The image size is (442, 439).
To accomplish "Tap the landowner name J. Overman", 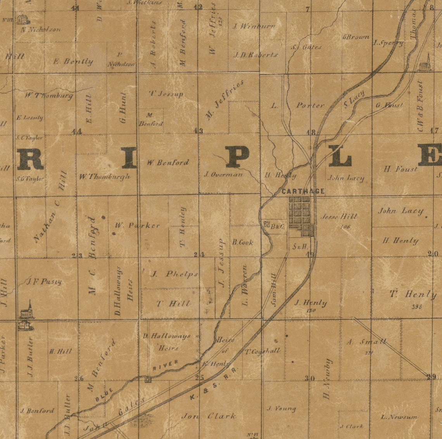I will point(223,175).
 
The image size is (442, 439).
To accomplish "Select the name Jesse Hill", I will point(339,217).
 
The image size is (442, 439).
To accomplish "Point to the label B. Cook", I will point(243,242).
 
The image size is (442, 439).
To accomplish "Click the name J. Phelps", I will point(174,274).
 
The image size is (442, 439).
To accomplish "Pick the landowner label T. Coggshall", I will point(262,351).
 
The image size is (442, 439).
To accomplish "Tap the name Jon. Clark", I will point(209,416).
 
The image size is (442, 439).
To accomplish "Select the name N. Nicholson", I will point(41,29).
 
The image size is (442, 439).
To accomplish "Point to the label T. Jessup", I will point(166,93).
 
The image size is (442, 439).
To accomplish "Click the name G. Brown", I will point(356,37).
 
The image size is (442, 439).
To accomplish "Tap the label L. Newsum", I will point(399,417).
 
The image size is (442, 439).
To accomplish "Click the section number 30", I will point(309,378).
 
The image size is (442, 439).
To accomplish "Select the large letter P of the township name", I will point(237,157).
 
